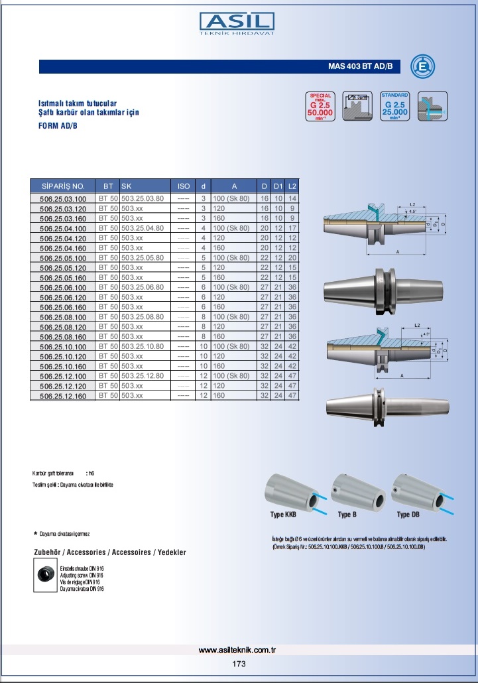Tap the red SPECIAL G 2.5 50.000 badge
320,107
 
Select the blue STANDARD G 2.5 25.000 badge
395,107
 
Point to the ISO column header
184,186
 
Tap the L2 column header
292,186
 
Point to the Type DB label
408,515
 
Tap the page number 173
239,664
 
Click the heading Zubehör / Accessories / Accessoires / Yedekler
110,552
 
